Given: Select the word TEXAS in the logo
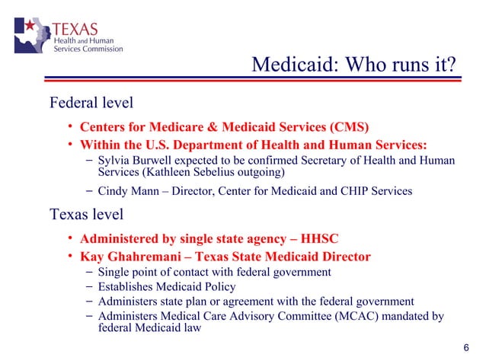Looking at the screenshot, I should point(75,29).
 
